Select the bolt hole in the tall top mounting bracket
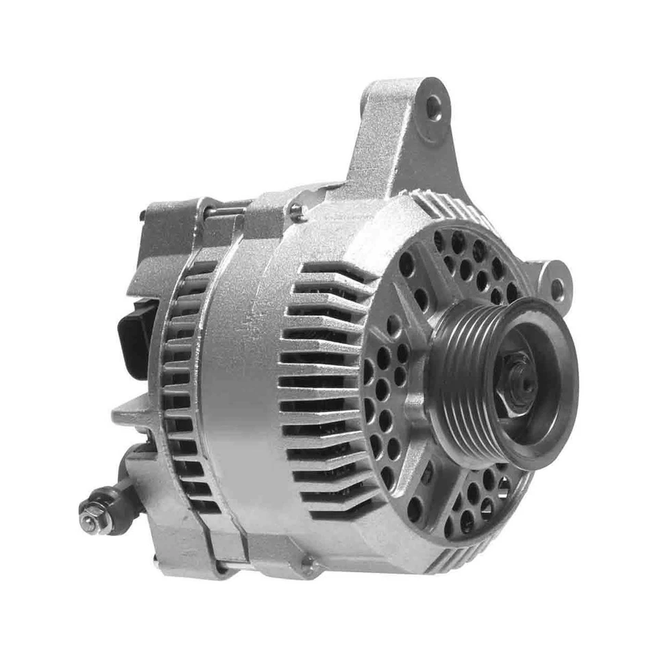point(433,108)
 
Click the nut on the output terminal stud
point(92,520)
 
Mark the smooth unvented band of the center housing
point(240,384)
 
